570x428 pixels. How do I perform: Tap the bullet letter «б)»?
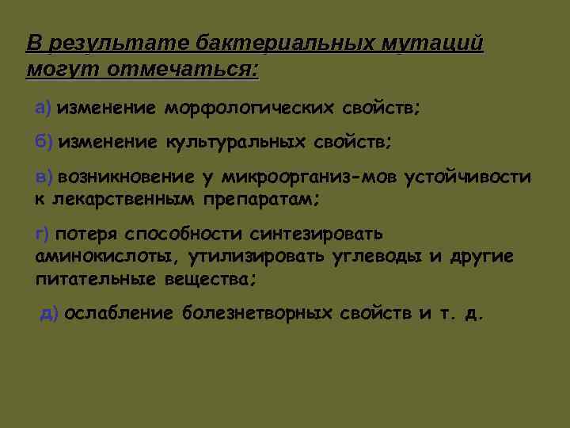(x=44, y=142)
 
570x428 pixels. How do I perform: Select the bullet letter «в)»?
(x=44, y=177)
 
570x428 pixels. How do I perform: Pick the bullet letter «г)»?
(x=43, y=234)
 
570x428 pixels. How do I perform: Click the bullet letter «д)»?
(x=49, y=313)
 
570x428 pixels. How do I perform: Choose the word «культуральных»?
(x=235, y=143)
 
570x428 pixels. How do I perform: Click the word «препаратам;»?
(x=262, y=198)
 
